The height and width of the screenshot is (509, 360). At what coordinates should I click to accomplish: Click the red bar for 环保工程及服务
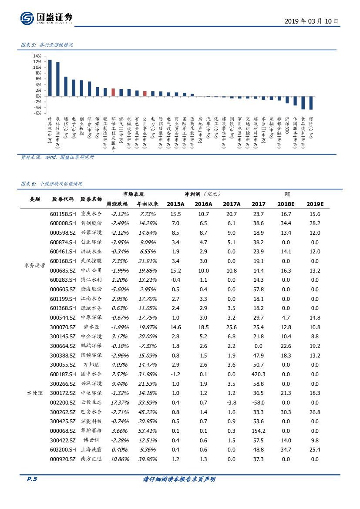tap(113, 92)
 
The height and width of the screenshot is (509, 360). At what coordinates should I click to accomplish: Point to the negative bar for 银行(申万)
tap(311, 103)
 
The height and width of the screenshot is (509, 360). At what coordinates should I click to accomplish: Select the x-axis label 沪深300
tap(287, 125)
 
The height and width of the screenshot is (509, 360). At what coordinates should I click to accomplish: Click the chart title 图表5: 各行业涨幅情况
tap(47, 45)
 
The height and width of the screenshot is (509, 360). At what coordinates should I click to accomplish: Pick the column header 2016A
tap(203, 204)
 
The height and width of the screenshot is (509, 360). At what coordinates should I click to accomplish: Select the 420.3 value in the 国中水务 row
tap(258, 374)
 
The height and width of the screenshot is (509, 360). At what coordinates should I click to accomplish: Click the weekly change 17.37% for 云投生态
tap(118, 402)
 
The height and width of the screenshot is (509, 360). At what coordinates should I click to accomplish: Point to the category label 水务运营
tap(35, 266)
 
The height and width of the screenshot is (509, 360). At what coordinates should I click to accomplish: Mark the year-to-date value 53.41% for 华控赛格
tap(147, 431)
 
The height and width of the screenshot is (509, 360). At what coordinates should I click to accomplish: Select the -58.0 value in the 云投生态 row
tap(258, 402)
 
